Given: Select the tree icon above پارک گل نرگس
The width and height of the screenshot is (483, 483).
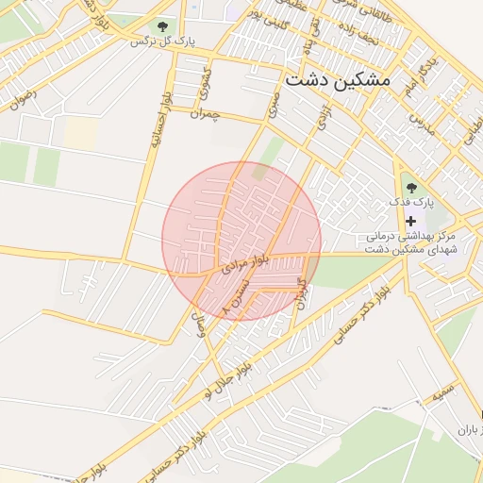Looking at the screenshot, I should (x=163, y=26).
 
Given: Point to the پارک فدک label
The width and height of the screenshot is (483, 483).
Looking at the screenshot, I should (x=412, y=203).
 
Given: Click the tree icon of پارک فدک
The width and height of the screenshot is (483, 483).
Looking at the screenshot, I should (x=410, y=185).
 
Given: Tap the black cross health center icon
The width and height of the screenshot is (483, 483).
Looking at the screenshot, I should (x=410, y=220).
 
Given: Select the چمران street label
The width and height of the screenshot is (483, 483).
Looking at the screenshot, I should (x=205, y=113).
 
